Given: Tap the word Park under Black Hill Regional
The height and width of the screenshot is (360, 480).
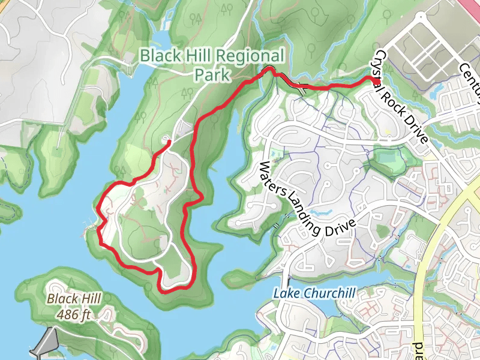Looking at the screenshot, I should click(211, 74).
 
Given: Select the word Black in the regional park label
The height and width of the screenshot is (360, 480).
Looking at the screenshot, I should click(160, 56).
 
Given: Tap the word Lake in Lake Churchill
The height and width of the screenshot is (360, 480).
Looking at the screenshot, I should click(285, 293).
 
